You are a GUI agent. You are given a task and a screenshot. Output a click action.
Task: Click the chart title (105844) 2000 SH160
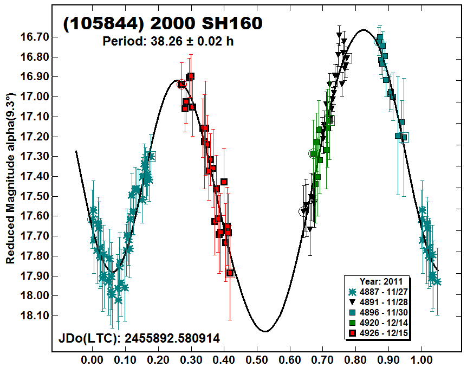(x=163, y=23)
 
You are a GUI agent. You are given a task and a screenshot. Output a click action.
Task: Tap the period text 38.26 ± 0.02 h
(x=168, y=41)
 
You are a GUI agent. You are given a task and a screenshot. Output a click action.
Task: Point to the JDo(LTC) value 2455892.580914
(x=139, y=339)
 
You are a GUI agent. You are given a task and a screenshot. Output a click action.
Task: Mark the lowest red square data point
(x=230, y=273)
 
